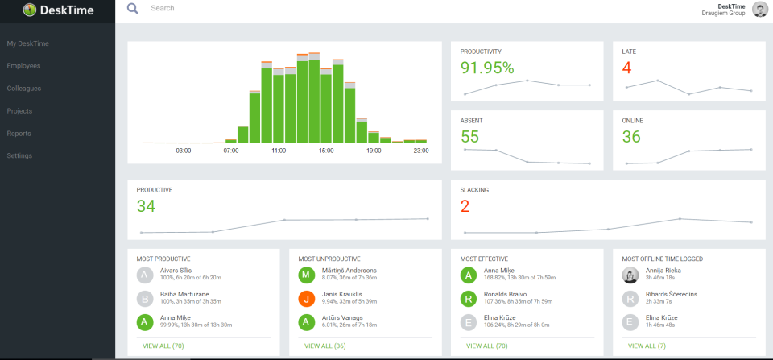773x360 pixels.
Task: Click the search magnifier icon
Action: pos(133,9)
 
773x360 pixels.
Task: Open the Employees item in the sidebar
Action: pos(23,66)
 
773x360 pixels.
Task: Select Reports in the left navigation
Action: pos(19,134)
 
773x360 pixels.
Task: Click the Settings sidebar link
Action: pos(19,156)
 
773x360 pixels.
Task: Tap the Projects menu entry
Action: pos(20,111)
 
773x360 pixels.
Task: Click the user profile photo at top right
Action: pos(759,10)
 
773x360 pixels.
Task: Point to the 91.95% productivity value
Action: pos(487,68)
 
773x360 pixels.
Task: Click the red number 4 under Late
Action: pos(627,68)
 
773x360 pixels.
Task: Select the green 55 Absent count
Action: pos(470,137)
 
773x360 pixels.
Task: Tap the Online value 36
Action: pos(631,137)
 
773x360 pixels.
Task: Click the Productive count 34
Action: pos(146,206)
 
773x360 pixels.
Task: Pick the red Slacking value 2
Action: pos(465,206)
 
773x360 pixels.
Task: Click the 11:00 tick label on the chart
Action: pos(279,151)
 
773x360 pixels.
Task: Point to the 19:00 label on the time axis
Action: pos(374,151)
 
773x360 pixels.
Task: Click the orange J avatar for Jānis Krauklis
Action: pos(306,299)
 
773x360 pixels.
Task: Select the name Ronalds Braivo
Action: pos(506,294)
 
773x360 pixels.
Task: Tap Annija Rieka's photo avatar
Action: pos(630,275)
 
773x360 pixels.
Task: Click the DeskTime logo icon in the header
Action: pos(30,10)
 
